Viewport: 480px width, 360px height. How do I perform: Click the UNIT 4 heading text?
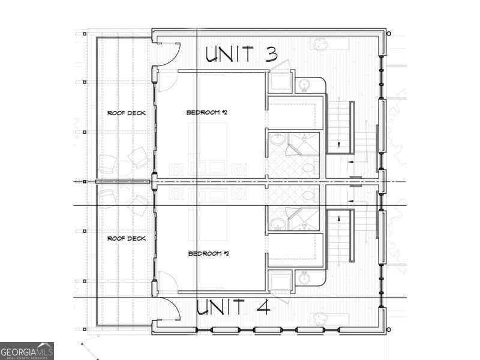click(x=233, y=308)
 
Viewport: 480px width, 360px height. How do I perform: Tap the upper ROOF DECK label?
click(x=126, y=113)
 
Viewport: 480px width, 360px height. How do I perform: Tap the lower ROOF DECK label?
click(x=126, y=238)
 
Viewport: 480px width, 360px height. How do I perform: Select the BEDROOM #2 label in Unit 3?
click(x=207, y=113)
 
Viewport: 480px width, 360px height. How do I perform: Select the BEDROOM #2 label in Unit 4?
click(x=209, y=254)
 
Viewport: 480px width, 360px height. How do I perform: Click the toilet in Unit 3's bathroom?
click(x=308, y=167)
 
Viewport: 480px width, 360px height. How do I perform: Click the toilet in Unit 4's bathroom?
click(x=308, y=195)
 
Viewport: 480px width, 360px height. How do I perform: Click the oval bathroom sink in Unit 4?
click(x=278, y=223)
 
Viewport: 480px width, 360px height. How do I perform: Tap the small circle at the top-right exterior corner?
click(x=389, y=34)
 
